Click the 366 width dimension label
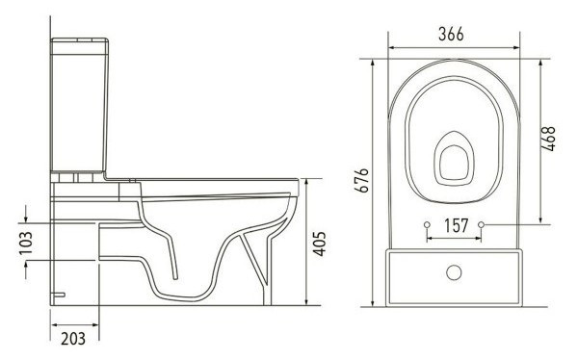click(x=451, y=35)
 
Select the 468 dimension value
click(x=548, y=139)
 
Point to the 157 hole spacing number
click(x=456, y=225)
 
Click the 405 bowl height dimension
click(x=319, y=244)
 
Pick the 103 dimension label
click(x=26, y=244)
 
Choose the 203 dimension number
click(x=73, y=339)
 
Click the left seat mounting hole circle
click(x=427, y=225)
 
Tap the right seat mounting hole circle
click(x=481, y=224)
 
